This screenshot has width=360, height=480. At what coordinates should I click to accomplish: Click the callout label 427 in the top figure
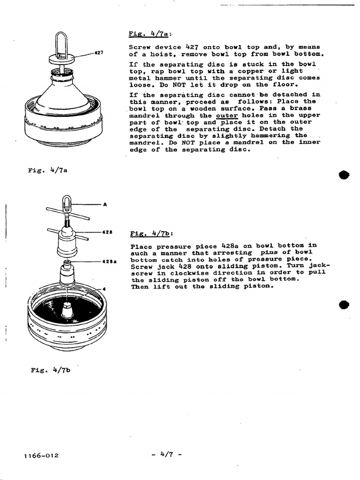(x=98, y=52)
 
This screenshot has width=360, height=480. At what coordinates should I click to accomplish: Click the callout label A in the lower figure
(x=105, y=204)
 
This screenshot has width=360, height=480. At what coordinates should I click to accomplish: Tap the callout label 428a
(x=110, y=261)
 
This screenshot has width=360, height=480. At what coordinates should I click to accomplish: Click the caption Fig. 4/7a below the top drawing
(x=48, y=170)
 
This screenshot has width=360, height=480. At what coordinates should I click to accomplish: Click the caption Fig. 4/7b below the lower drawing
(x=50, y=370)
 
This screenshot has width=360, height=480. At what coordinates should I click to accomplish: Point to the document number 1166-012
(x=43, y=455)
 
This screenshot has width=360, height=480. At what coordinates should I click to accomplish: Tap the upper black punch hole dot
(x=345, y=175)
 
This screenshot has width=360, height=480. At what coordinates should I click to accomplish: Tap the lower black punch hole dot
(x=345, y=305)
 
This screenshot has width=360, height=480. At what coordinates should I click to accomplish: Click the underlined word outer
(x=227, y=115)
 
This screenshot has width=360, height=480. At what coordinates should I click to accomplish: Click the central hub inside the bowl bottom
(x=67, y=309)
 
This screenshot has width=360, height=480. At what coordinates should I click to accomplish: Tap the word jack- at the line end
(x=321, y=265)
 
